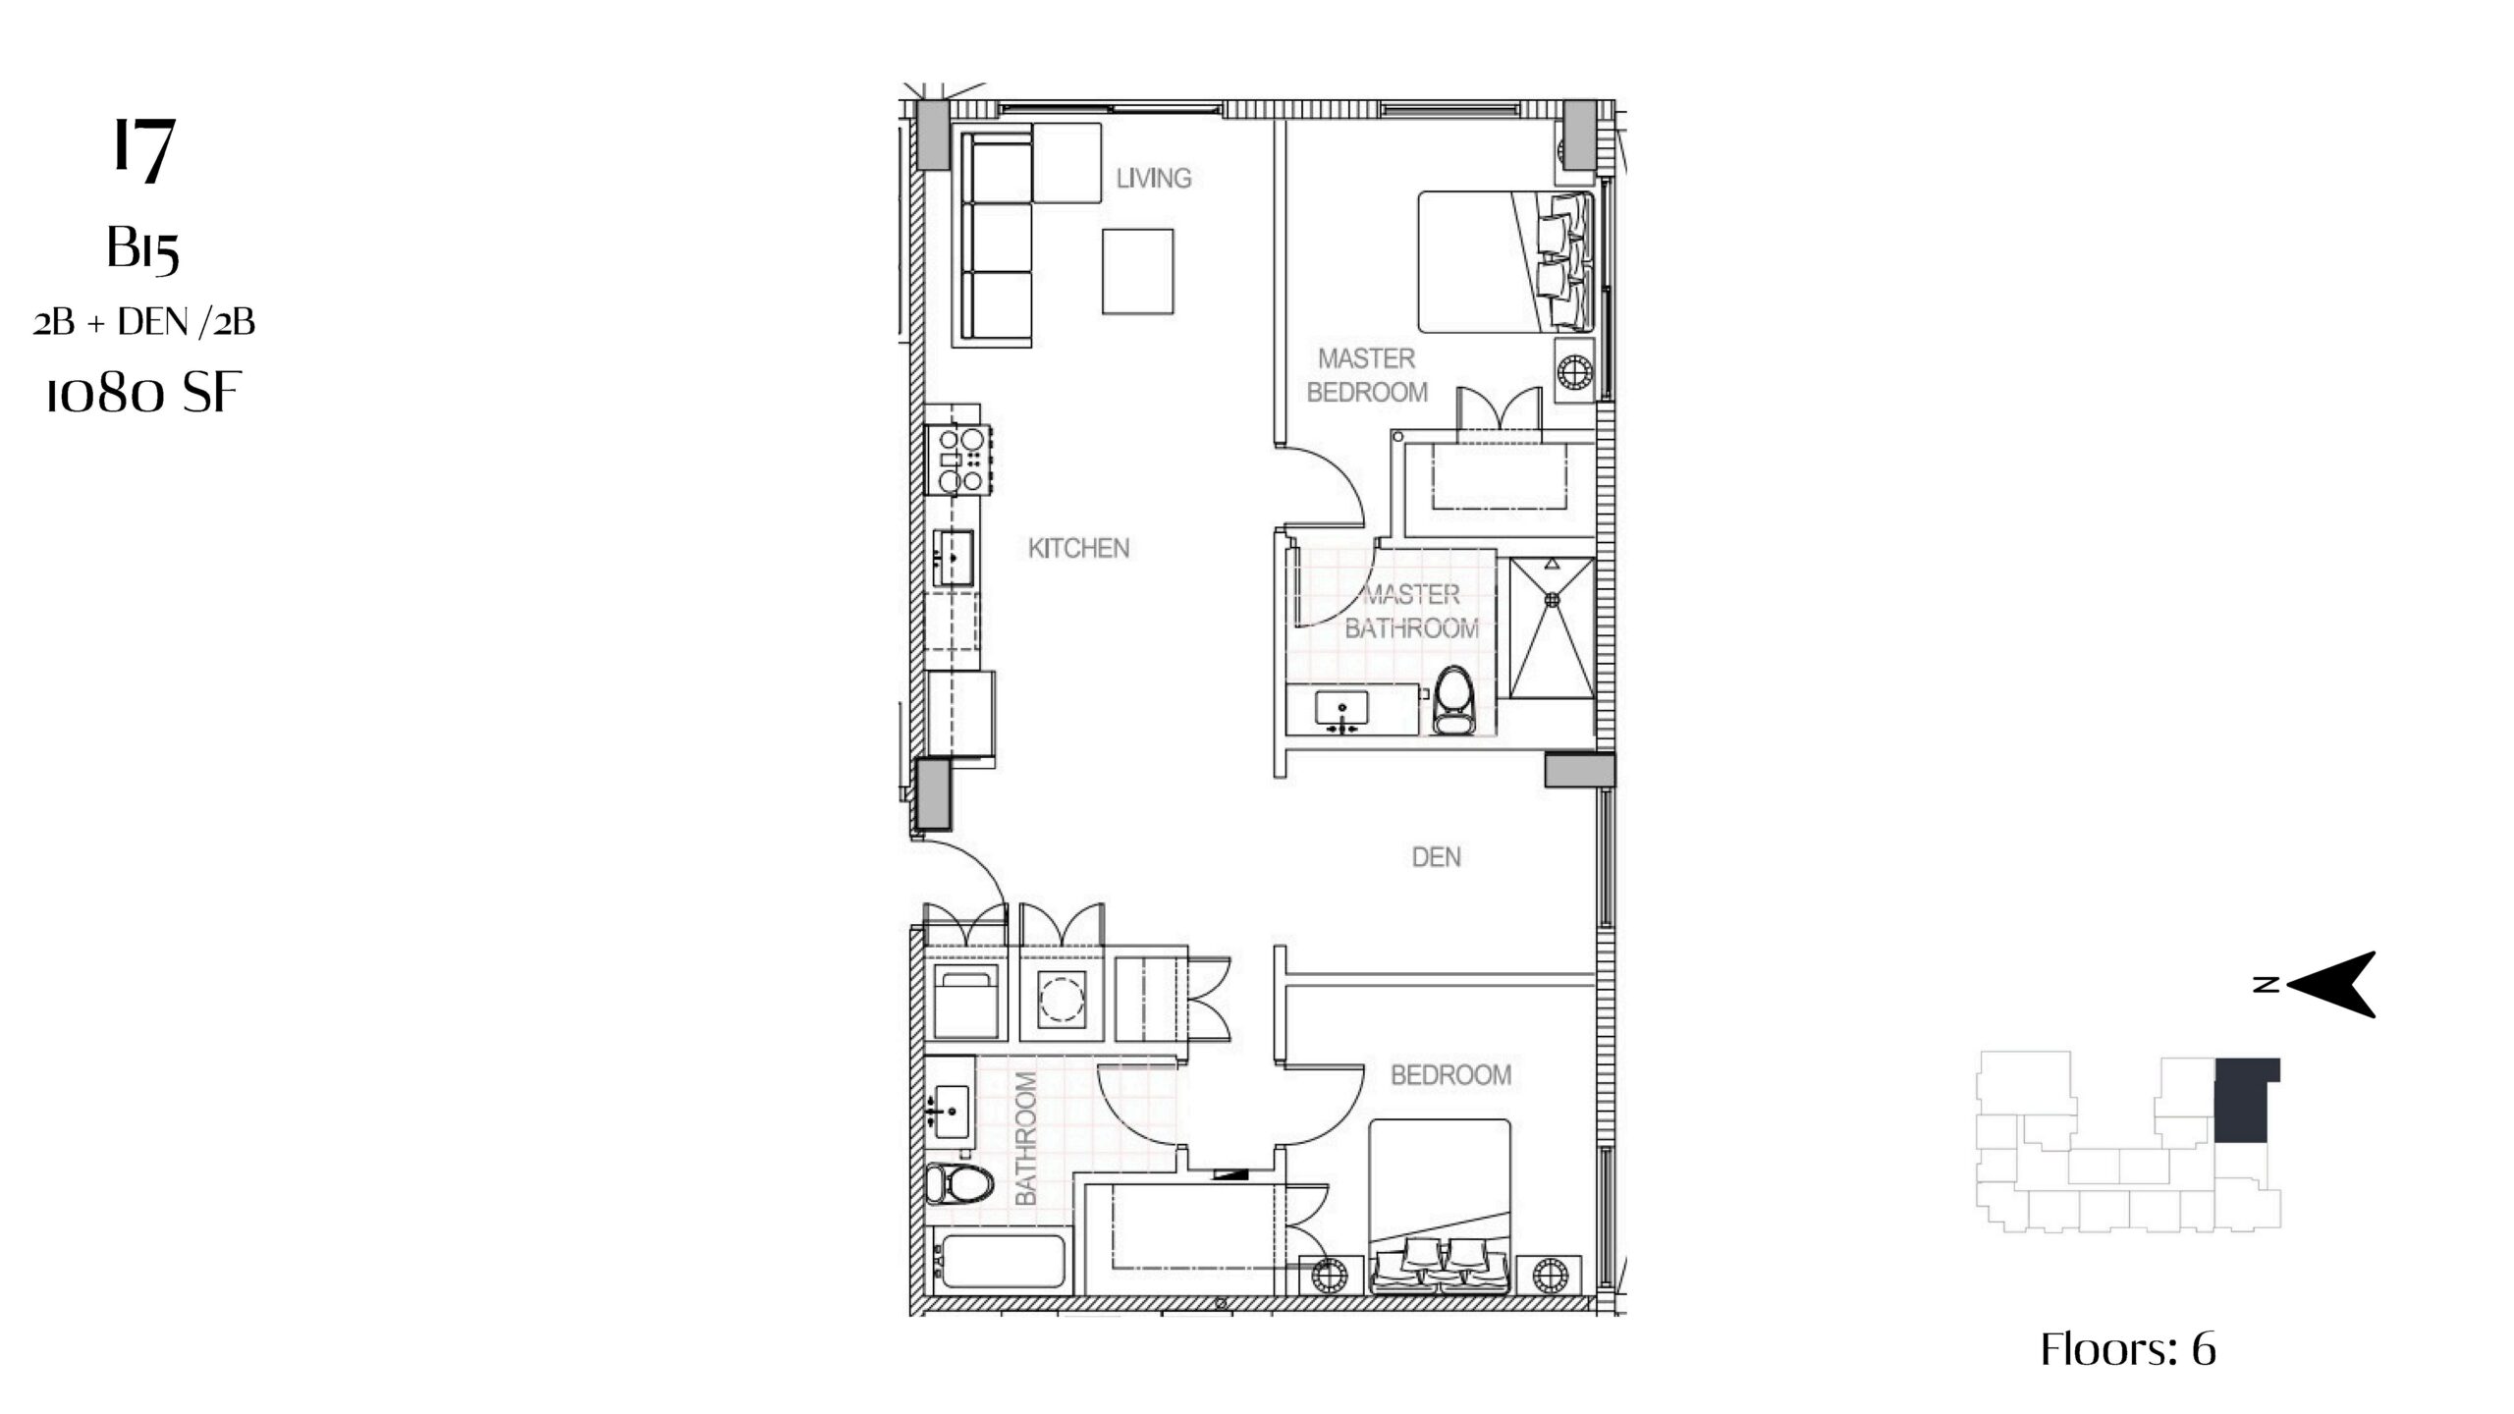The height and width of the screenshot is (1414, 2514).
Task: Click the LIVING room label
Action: (x=1153, y=178)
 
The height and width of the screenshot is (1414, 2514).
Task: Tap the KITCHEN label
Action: (x=1078, y=548)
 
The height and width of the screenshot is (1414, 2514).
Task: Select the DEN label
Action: (x=1436, y=857)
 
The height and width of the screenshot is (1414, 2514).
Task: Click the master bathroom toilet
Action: (x=1453, y=701)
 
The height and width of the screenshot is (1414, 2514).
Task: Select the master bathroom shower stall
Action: (x=1552, y=627)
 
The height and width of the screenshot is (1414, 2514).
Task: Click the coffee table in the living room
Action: (x=1137, y=272)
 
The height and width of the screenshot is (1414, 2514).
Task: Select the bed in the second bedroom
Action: (x=1440, y=1207)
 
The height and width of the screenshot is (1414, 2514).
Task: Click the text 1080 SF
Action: (x=143, y=393)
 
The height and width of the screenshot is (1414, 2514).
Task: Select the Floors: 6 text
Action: (x=2128, y=1349)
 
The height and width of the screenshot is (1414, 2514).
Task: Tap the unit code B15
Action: (x=143, y=248)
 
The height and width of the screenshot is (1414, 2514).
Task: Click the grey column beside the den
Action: (x=1579, y=770)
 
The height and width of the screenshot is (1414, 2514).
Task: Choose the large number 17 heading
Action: (x=144, y=149)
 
